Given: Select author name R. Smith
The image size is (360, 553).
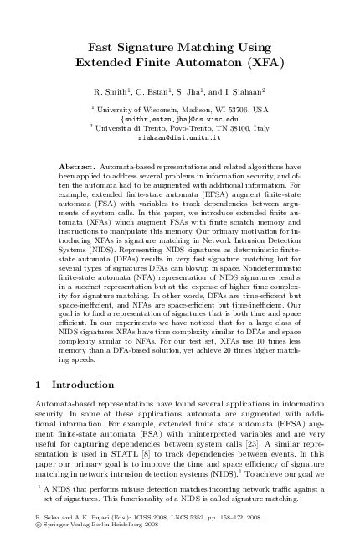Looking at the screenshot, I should tap(118, 90).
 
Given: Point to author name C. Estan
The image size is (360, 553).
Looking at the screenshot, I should tap(159, 90).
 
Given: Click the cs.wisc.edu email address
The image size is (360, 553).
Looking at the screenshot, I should tap(179, 118).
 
